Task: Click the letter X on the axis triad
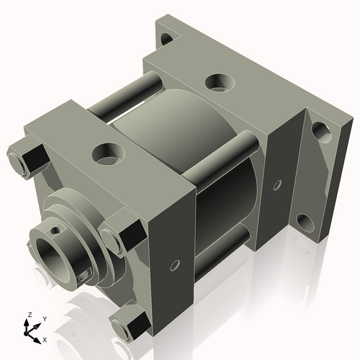45,338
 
